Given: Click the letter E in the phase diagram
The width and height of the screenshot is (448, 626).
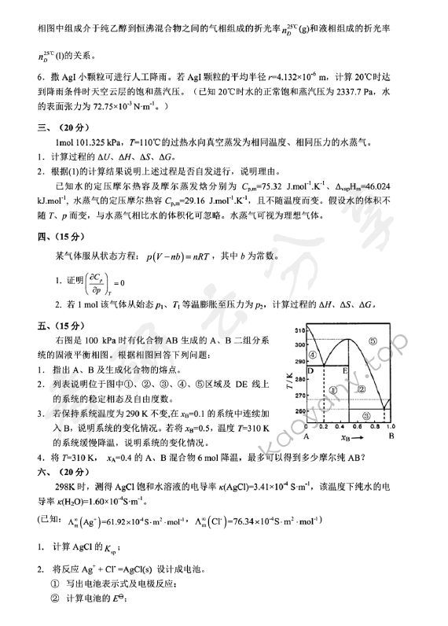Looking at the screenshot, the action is coord(344,370).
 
